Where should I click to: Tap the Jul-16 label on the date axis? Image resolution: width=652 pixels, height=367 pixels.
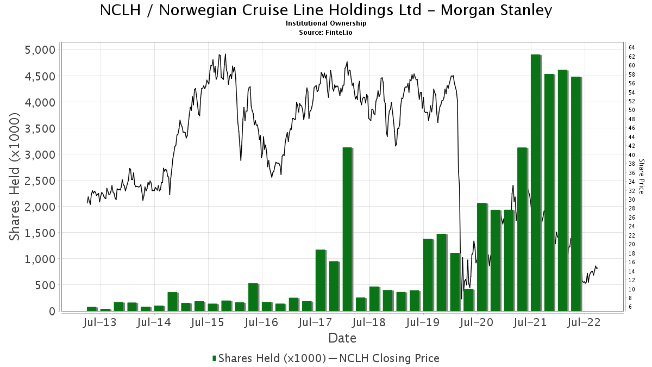click(x=262, y=322)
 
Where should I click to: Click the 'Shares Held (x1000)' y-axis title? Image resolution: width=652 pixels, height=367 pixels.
click(x=16, y=177)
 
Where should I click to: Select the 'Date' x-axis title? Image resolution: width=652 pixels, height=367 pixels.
click(x=342, y=338)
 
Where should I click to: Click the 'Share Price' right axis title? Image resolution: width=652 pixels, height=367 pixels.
click(x=641, y=176)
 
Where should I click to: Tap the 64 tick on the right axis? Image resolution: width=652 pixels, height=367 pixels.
click(x=632, y=48)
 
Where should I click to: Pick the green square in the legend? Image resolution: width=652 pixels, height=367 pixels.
click(x=215, y=358)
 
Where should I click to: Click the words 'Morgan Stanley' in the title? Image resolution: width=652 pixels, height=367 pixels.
click(x=505, y=10)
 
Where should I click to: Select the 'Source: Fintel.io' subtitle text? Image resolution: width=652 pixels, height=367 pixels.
click(x=326, y=32)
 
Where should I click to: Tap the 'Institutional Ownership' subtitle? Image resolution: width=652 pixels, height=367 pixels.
click(x=326, y=23)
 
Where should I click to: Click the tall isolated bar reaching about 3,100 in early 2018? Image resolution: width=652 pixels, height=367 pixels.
click(x=347, y=228)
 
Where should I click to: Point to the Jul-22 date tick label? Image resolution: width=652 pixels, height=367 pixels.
click(x=584, y=322)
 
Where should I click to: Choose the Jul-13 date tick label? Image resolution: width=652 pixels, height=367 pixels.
click(x=101, y=322)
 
